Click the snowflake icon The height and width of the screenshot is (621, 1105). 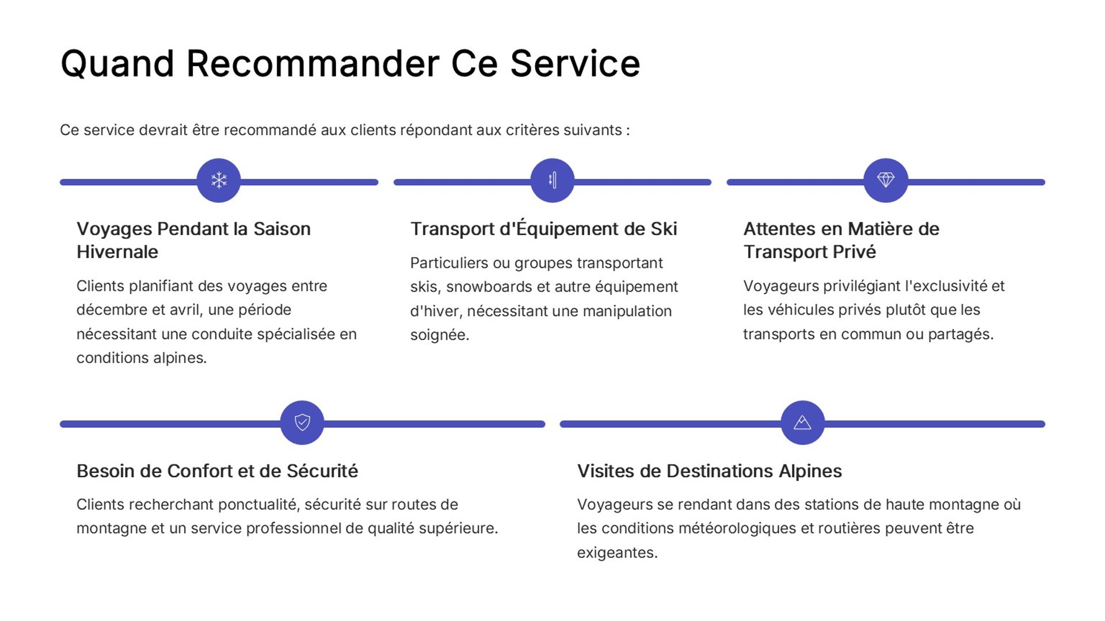[219, 181]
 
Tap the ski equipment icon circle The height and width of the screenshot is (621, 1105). [552, 181]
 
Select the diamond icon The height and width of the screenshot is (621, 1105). [886, 181]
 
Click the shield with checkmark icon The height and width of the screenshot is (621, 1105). [302, 423]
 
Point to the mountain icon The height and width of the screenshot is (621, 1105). [802, 423]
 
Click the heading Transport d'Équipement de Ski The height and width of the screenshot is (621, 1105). [543, 229]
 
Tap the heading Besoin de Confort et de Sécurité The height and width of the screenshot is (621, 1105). [217, 471]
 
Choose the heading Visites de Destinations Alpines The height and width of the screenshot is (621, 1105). [709, 471]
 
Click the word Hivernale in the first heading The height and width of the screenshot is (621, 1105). [117, 252]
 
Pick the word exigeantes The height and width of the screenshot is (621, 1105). [617, 553]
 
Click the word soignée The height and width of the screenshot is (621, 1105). [439, 335]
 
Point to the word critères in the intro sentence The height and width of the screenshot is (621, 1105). [532, 130]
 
